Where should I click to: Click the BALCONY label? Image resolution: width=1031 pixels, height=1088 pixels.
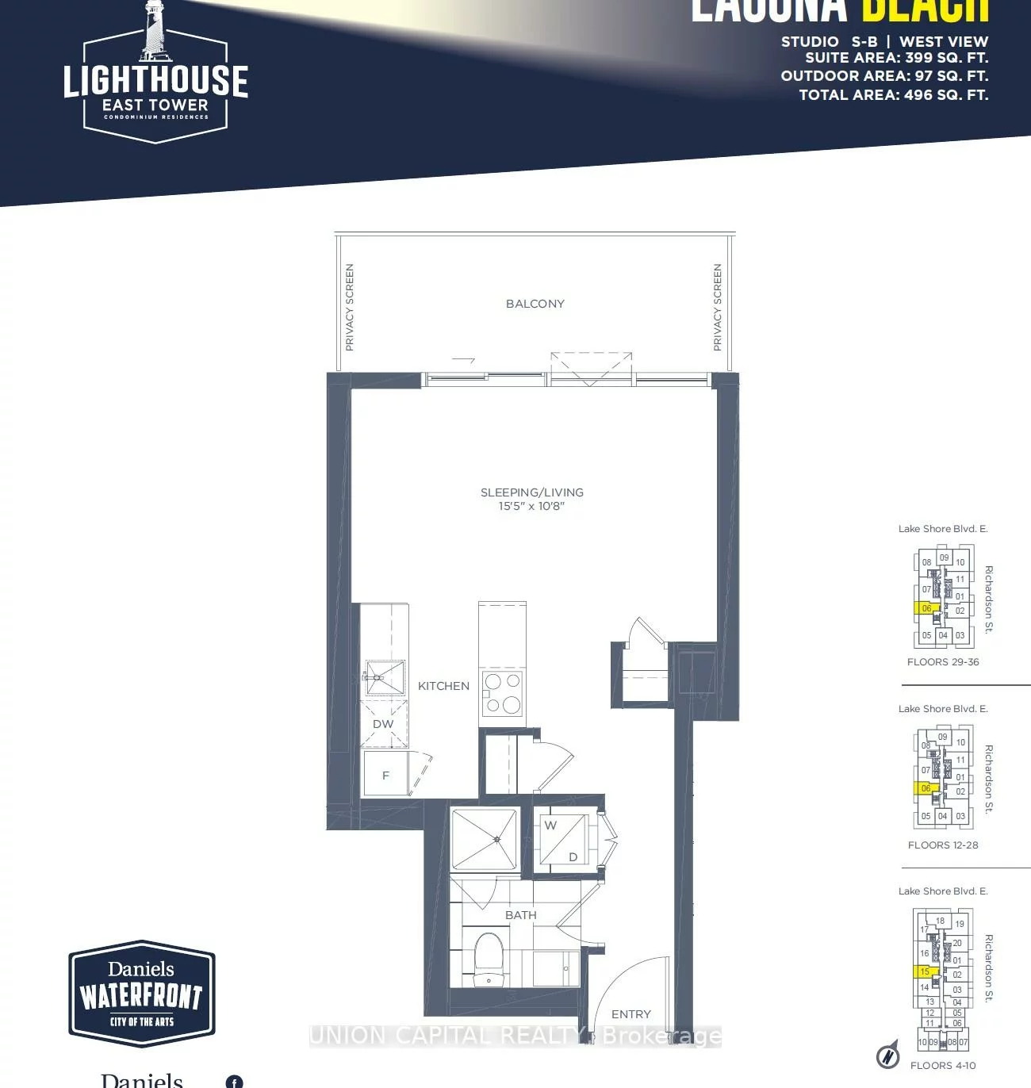pyautogui.click(x=535, y=304)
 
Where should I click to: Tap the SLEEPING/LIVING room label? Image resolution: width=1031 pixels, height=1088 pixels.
pyautogui.click(x=531, y=492)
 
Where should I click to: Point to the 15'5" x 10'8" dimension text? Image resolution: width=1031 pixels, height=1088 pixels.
pyautogui.click(x=531, y=506)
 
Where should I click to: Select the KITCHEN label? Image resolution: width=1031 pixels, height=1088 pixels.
pyautogui.click(x=443, y=686)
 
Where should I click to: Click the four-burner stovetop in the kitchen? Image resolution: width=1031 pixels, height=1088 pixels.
pyautogui.click(x=502, y=692)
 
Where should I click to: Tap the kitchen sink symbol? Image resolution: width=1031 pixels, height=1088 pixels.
pyautogui.click(x=385, y=676)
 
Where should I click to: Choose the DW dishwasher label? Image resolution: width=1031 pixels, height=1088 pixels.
pyautogui.click(x=383, y=724)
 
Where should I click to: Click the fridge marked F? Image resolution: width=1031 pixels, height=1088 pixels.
pyautogui.click(x=385, y=775)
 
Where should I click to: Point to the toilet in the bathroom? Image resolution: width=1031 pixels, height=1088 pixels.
pyautogui.click(x=489, y=957)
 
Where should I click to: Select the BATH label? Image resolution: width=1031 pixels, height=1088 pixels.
pyautogui.click(x=520, y=915)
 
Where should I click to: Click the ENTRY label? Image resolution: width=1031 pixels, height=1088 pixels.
pyautogui.click(x=630, y=1014)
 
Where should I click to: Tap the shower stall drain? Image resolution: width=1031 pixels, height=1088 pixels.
pyautogui.click(x=496, y=839)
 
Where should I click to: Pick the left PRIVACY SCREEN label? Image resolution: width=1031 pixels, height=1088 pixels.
pyautogui.click(x=350, y=308)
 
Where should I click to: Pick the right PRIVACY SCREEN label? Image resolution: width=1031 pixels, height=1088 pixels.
pyautogui.click(x=718, y=308)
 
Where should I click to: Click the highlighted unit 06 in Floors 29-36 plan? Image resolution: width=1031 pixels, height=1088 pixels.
pyautogui.click(x=926, y=609)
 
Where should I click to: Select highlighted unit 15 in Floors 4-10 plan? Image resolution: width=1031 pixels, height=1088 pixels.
pyautogui.click(x=925, y=971)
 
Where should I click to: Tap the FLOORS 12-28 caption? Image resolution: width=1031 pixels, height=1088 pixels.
pyautogui.click(x=943, y=845)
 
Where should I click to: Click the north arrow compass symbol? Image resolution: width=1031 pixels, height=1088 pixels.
pyautogui.click(x=888, y=1055)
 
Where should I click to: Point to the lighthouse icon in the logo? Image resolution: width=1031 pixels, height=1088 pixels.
pyautogui.click(x=155, y=32)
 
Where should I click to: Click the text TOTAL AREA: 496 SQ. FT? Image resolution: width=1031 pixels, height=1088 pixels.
pyautogui.click(x=893, y=95)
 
